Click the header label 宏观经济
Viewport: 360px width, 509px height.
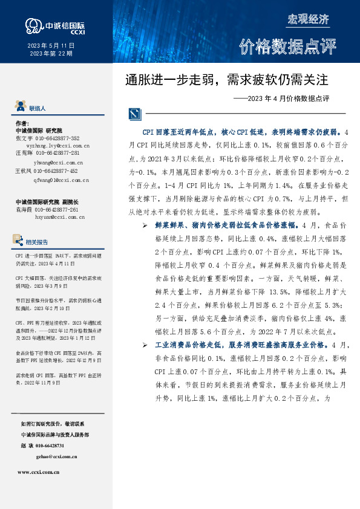point(307,19)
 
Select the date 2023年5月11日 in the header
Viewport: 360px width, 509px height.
point(51,47)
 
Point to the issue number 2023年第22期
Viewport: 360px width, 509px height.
point(51,54)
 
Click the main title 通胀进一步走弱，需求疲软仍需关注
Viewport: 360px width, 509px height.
point(226,80)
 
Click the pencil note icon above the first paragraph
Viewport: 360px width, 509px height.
point(134,114)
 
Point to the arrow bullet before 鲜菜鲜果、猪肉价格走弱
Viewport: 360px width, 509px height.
point(145,225)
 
